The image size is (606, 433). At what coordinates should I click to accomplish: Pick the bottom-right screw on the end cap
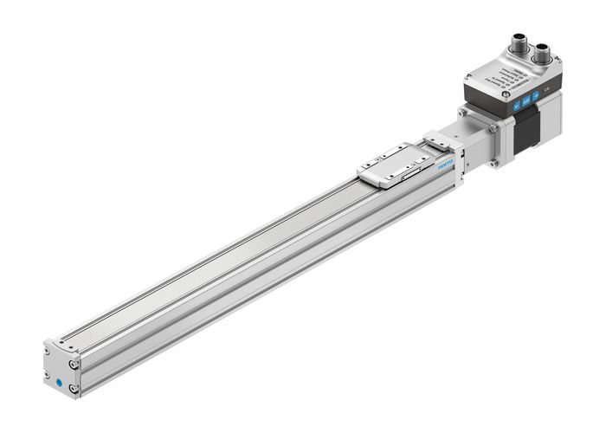(x=73, y=388)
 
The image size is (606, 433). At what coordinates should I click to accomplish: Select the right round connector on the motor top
(x=544, y=54)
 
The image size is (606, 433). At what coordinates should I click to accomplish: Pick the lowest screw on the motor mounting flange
(x=497, y=161)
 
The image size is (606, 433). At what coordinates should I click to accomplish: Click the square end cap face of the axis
(x=60, y=368)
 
